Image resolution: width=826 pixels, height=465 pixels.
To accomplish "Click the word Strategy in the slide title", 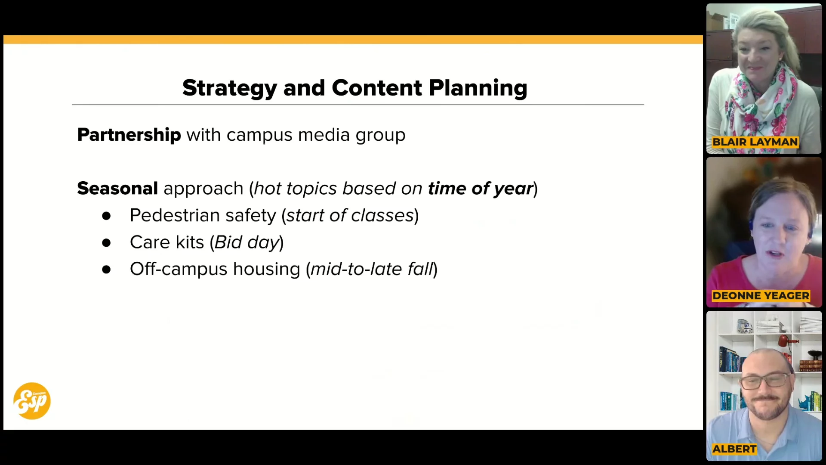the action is coord(230,88).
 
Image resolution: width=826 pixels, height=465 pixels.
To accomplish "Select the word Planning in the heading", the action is coord(478,88).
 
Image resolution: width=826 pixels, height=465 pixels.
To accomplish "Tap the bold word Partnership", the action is coord(129,135).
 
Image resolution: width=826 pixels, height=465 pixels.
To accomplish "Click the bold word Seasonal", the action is coord(117,189).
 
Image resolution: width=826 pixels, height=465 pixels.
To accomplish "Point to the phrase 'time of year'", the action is coord(481,189).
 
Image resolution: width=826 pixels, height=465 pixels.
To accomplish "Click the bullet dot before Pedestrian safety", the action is coord(106,216).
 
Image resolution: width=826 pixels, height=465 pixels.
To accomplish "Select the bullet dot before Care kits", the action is coord(106,243).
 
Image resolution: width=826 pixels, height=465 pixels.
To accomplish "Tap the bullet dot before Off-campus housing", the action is coord(106,270).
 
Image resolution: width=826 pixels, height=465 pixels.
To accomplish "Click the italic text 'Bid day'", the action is coord(247,243).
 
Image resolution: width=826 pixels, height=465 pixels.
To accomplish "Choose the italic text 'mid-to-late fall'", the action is coord(372,269).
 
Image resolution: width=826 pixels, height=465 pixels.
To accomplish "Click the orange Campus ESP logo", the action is coord(32,401).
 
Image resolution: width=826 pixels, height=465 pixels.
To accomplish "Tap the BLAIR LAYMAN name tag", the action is coord(755,142).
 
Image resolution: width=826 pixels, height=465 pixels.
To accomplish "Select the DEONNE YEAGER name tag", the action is coord(761,296).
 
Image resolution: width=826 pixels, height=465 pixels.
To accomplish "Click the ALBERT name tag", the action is coord(734,449).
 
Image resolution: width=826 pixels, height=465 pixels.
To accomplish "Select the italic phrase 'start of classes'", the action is coord(350,215).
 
